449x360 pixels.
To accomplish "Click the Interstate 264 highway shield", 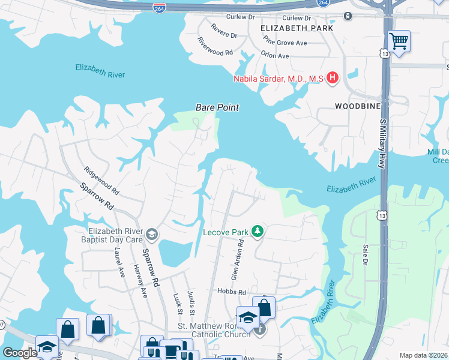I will click(160, 8).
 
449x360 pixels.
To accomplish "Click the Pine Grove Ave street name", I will click(285, 42).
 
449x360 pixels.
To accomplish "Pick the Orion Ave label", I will click(275, 56).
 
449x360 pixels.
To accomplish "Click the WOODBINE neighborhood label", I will click(358, 106).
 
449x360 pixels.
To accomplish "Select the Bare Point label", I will click(217, 107).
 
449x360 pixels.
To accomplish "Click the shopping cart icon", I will click(399, 41).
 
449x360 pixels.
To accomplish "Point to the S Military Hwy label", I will click(382, 143).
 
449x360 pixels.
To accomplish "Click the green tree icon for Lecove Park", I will click(258, 231).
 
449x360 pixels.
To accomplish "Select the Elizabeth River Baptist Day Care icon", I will click(152, 234).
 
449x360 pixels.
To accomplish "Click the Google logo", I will click(19, 353).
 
